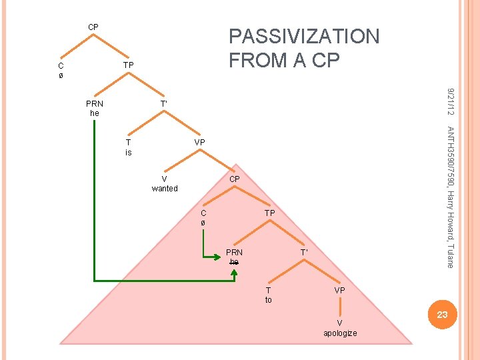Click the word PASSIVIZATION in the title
304,36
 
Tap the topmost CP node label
93,27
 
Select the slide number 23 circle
441,314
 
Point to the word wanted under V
165,189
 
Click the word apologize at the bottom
340,333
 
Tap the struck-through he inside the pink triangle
234,262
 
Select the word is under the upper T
129,153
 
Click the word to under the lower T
269,300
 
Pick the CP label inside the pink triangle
235,179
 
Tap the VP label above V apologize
340,291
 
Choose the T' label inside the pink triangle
304,253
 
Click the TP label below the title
129,65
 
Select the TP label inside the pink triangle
269,213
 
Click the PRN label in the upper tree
95,104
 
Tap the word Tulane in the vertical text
451,255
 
